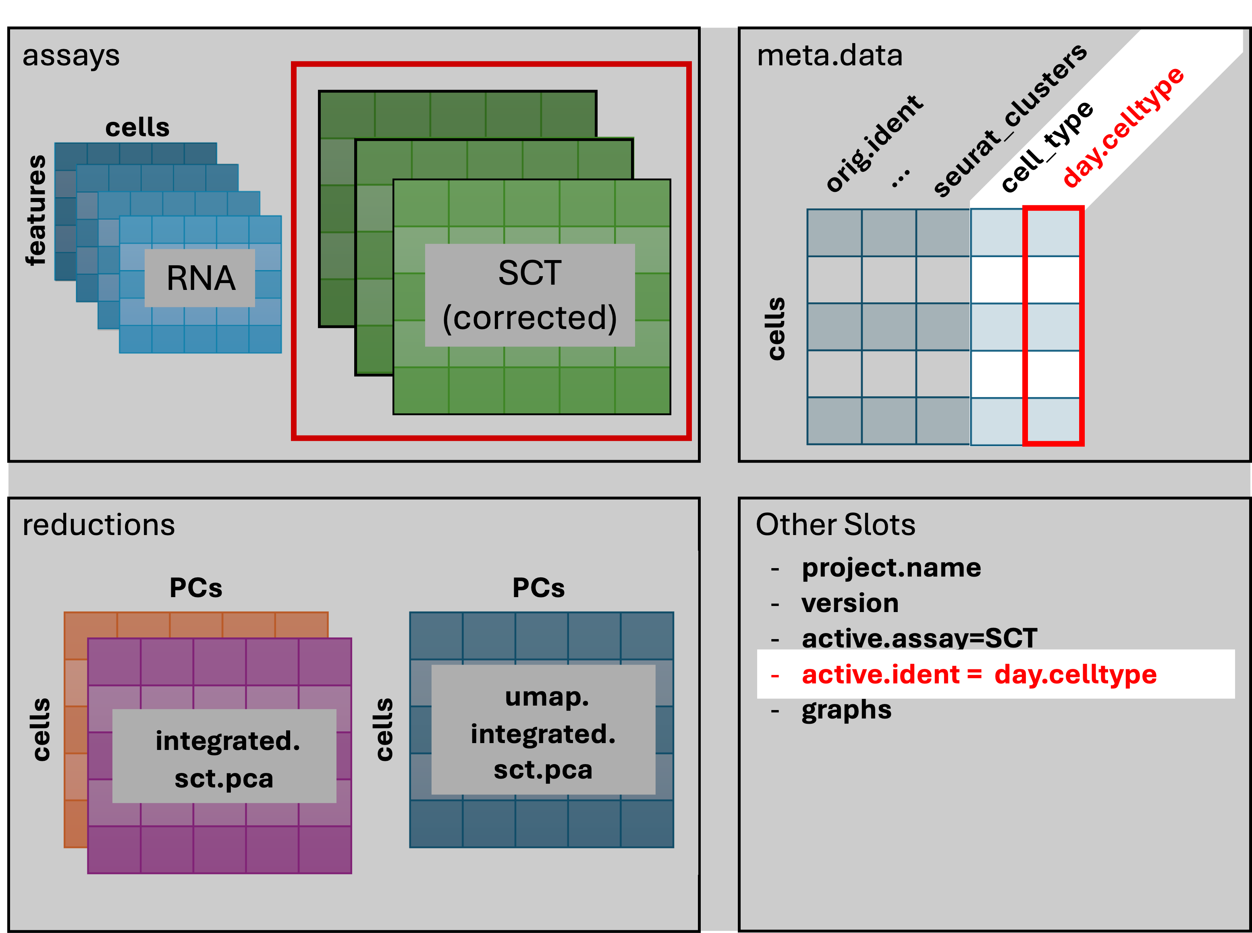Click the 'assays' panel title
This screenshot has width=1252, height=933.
71,56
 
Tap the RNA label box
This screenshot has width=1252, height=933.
200,278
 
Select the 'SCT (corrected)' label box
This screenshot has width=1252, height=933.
529,295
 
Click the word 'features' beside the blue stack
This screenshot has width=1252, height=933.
36,210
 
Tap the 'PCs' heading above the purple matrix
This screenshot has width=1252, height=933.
196,588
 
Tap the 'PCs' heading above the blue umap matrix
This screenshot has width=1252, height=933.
538,588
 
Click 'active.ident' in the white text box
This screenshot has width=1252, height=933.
880,674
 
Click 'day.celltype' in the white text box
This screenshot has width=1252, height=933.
1076,674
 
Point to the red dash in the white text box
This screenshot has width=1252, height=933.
775,675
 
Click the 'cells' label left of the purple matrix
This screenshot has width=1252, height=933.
41,730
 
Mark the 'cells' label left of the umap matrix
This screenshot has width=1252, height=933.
384,730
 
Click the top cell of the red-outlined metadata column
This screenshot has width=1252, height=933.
1053,233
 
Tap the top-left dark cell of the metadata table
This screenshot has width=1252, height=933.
834,233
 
